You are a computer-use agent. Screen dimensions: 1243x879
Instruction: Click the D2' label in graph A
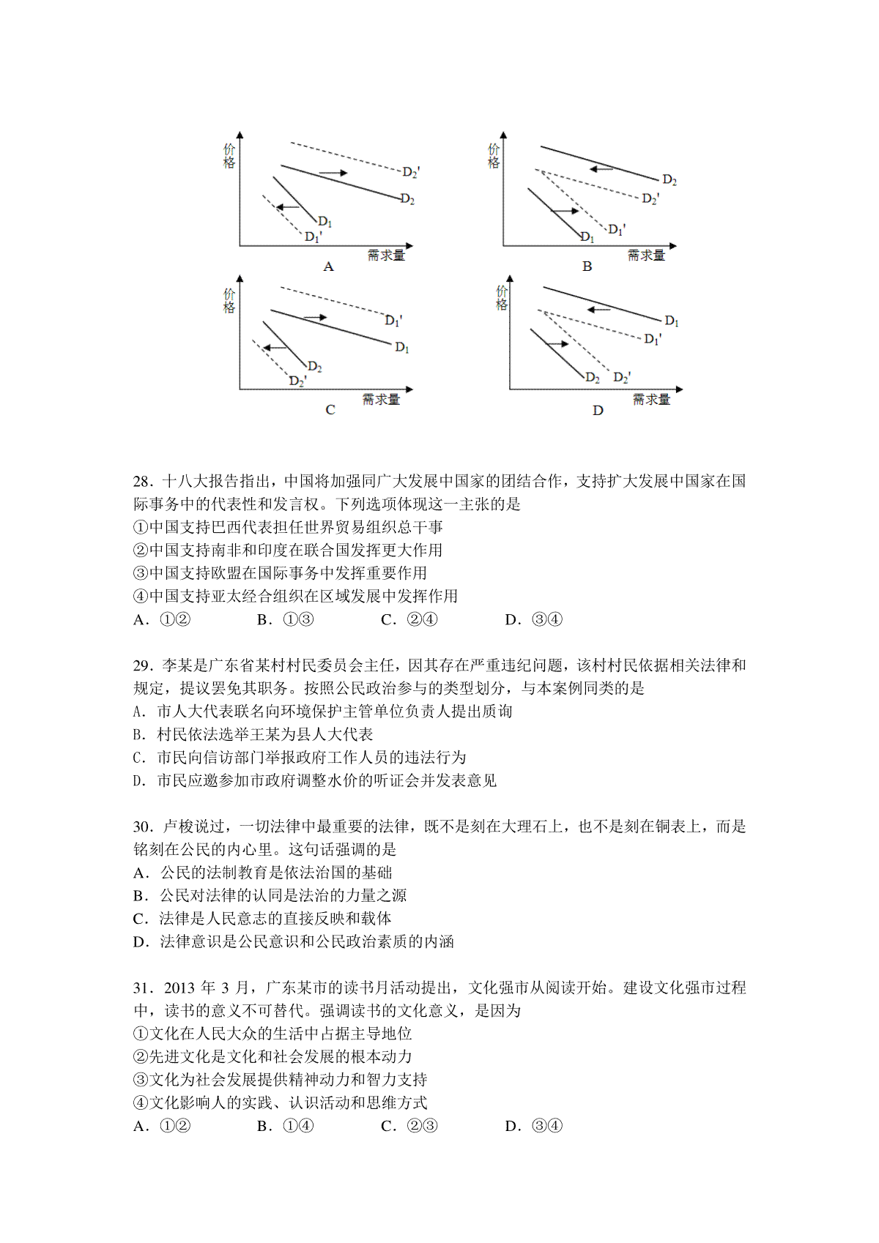(411, 172)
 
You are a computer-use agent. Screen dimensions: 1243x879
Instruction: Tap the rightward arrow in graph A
(333, 173)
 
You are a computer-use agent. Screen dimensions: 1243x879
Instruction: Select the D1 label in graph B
(587, 237)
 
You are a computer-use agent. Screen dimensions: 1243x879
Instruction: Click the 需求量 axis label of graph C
(381, 399)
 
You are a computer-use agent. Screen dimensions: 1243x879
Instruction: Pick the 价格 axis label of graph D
(502, 298)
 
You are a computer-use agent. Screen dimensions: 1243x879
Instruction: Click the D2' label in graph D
(622, 377)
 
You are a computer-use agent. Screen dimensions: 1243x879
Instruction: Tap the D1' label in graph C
(393, 320)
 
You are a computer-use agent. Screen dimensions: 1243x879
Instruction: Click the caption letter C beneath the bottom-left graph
(330, 410)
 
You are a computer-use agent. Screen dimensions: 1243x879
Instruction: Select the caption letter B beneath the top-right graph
(587, 266)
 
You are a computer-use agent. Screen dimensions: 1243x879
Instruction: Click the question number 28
(141, 481)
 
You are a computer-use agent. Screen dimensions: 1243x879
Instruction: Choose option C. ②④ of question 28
(409, 619)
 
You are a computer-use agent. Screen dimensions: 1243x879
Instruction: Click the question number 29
(141, 665)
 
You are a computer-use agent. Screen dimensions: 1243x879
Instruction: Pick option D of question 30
(294, 941)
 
